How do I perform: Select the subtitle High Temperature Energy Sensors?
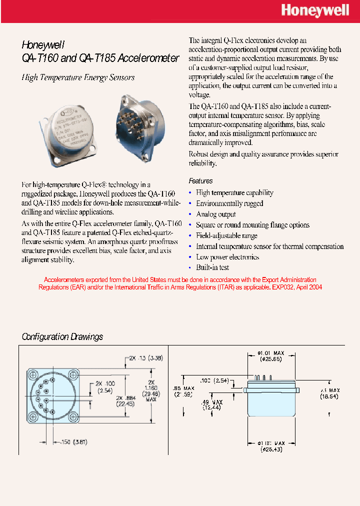78,77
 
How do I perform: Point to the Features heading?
200,181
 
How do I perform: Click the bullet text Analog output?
215,214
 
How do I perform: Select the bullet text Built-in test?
212,268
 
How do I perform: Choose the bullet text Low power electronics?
227,257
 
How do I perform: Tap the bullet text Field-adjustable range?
226,235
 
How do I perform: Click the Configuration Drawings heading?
62,336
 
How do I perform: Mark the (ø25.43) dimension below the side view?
271,450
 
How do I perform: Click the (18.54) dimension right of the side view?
330,396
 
